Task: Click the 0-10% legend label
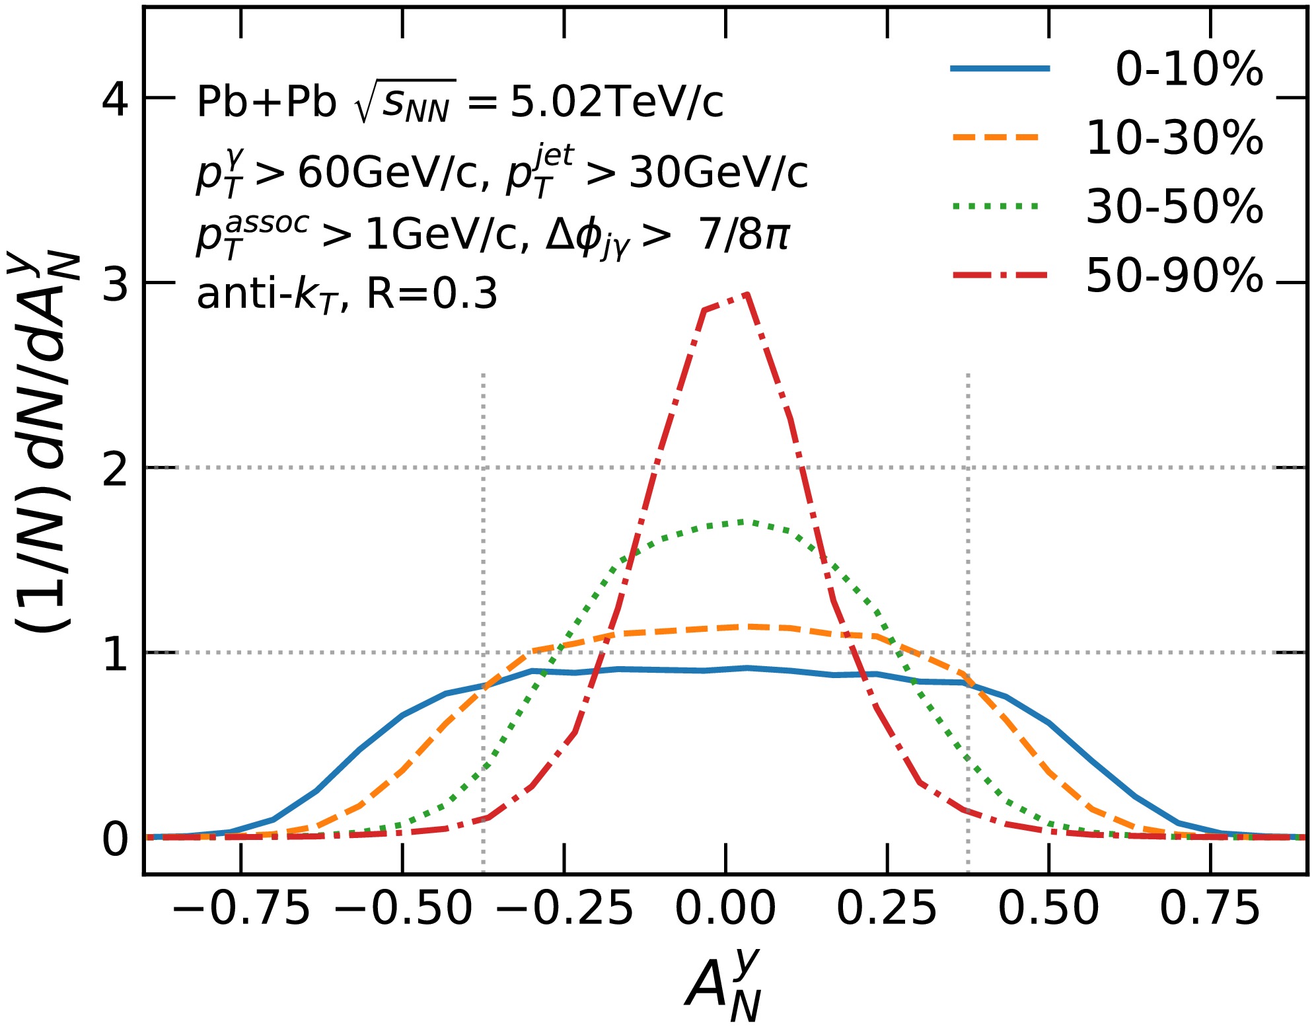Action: pyautogui.click(x=1188, y=69)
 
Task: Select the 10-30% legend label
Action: pyautogui.click(x=1174, y=138)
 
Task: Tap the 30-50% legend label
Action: pyautogui.click(x=1174, y=206)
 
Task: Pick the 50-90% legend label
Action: pyautogui.click(x=1174, y=275)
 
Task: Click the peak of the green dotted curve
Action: pyautogui.click(x=743, y=521)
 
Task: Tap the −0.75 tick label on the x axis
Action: pyautogui.click(x=241, y=908)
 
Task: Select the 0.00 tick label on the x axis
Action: pyautogui.click(x=725, y=908)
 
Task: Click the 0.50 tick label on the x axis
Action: pyautogui.click(x=1048, y=908)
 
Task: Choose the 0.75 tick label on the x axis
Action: pyautogui.click(x=1210, y=908)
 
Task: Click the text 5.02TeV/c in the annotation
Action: pyautogui.click(x=616, y=102)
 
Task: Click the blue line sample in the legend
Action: pyautogui.click(x=1000, y=68)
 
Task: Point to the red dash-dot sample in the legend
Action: pyautogui.click(x=1000, y=274)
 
